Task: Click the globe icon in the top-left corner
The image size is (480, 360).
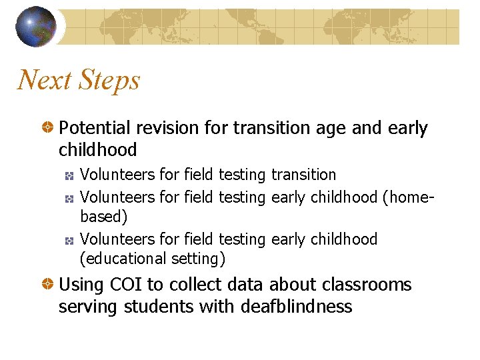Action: (36, 27)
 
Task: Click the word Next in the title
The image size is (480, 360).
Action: (45, 81)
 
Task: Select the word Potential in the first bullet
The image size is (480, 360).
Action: (94, 128)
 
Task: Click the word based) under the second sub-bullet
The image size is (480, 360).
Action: (104, 217)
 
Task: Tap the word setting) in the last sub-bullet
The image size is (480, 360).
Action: (198, 259)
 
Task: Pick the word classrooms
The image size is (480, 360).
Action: (369, 285)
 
